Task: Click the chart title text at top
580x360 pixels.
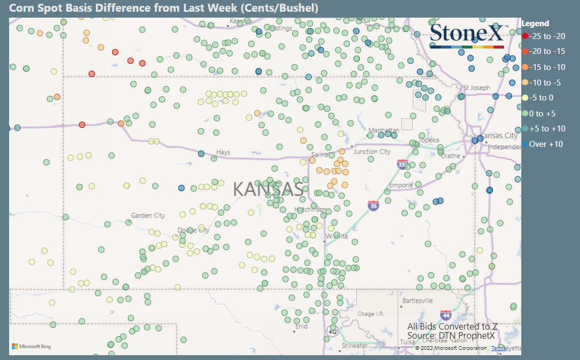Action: [x=164, y=8]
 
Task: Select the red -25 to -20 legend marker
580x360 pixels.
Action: [x=525, y=36]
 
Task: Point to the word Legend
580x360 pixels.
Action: [x=535, y=24]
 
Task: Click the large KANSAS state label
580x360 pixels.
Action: [x=269, y=189]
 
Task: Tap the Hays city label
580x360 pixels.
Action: [x=223, y=152]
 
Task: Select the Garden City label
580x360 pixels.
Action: [x=148, y=216]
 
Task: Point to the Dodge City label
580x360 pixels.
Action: [x=193, y=231]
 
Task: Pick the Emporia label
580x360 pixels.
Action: [x=401, y=185]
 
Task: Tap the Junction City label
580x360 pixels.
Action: [x=372, y=152]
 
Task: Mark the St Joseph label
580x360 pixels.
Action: [x=476, y=88]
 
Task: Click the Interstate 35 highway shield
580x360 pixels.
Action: [x=374, y=205]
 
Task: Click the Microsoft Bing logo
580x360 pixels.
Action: [x=32, y=347]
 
